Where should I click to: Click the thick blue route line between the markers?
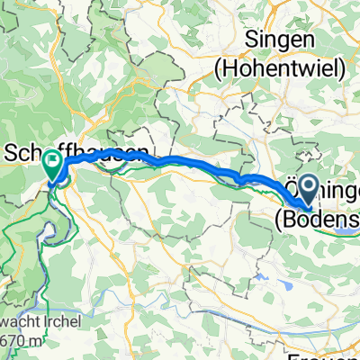point(180,163)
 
